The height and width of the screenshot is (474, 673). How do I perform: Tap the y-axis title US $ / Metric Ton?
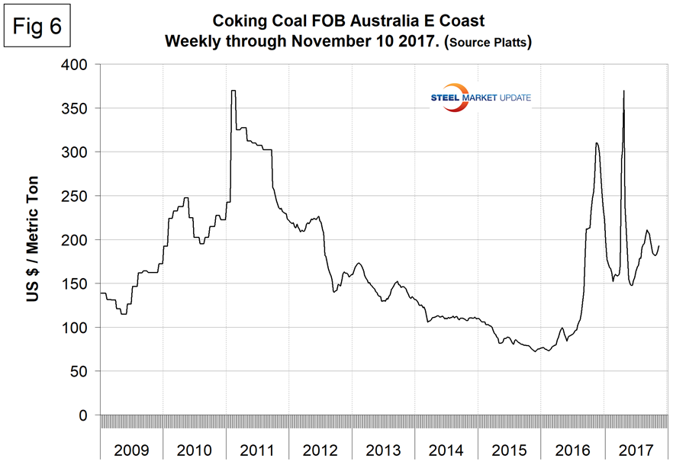(34, 240)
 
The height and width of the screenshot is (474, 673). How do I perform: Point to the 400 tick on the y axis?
(79, 65)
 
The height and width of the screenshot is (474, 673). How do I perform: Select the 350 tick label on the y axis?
(79, 109)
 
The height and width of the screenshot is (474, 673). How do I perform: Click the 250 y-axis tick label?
(79, 197)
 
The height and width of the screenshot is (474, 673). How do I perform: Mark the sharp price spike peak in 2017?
(624, 91)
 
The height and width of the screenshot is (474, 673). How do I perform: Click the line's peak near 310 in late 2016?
(597, 143)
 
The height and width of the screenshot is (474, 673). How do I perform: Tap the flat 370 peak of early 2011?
(233, 91)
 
